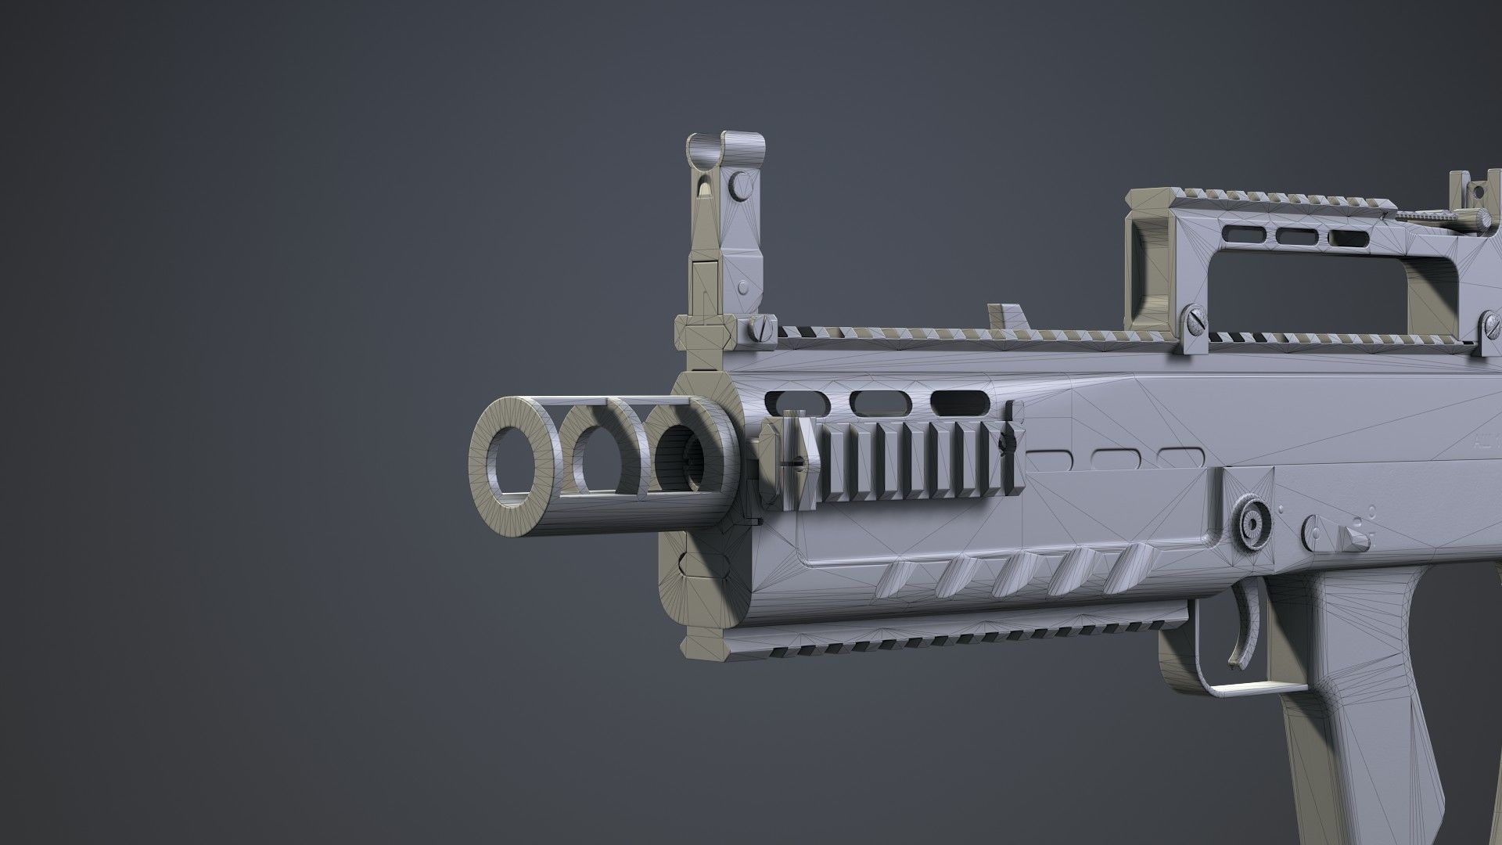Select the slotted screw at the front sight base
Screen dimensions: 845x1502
(x=758, y=329)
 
